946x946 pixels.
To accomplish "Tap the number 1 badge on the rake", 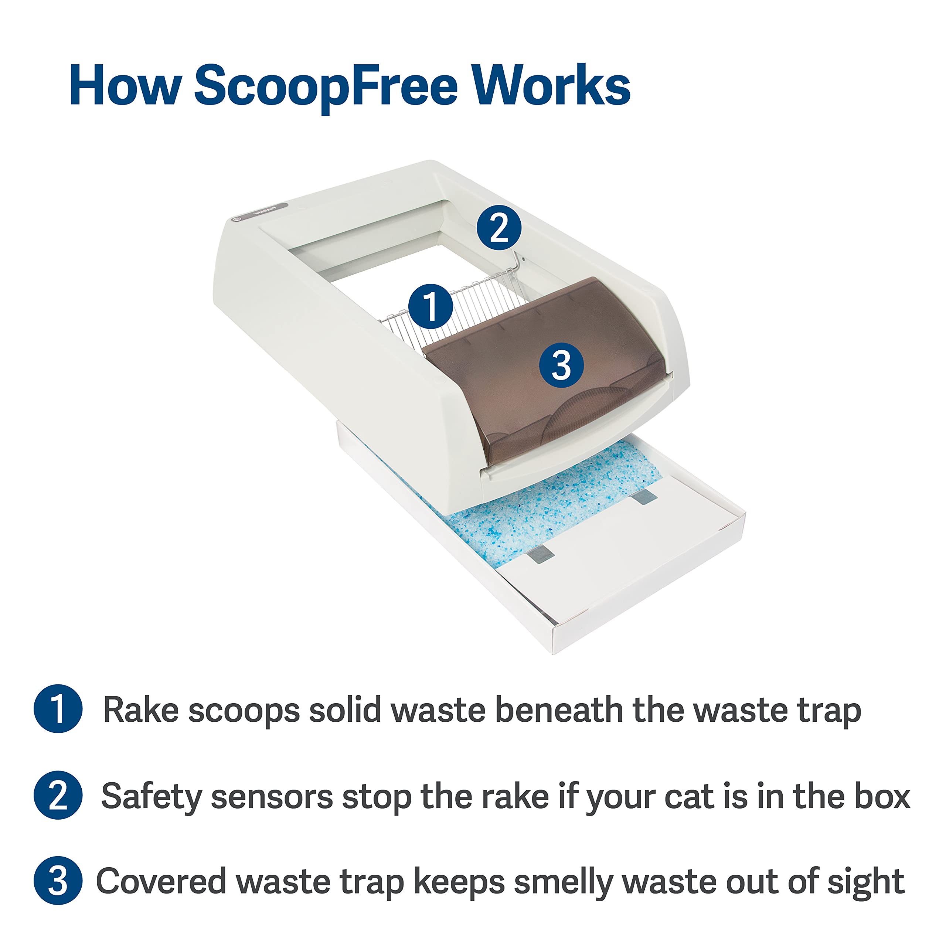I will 431,306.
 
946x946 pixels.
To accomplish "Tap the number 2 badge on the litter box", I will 499,228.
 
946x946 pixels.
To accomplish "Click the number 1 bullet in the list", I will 58,709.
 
